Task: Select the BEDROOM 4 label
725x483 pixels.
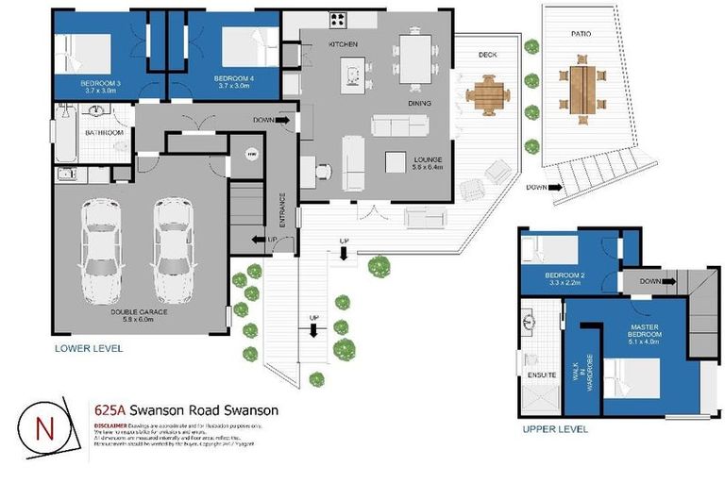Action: click(233, 78)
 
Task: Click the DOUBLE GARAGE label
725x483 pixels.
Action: click(138, 312)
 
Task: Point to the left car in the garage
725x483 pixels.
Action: click(99, 247)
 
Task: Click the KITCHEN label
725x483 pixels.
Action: click(345, 44)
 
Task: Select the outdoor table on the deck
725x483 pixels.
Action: click(488, 94)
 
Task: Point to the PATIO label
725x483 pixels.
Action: click(581, 33)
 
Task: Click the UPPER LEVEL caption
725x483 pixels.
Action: click(555, 429)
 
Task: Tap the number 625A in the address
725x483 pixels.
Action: click(110, 410)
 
